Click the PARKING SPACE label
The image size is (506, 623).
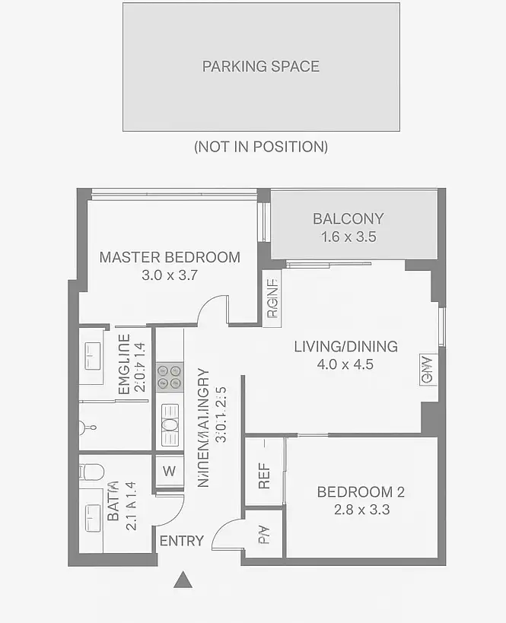260,66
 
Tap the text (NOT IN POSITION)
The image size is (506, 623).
261,146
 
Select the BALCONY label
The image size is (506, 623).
348,218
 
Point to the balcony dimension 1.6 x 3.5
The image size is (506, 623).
348,237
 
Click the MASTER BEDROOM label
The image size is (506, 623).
170,257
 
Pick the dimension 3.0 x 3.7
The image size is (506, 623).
170,275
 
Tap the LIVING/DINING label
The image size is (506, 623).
345,347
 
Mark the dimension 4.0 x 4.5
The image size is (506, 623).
345,364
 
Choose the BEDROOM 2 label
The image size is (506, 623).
361,492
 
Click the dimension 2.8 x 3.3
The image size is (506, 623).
361,510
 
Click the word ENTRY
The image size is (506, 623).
182,541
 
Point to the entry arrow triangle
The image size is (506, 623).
182,580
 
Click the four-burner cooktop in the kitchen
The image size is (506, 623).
169,377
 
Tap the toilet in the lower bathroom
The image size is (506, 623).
90,471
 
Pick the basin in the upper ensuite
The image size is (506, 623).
91,354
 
